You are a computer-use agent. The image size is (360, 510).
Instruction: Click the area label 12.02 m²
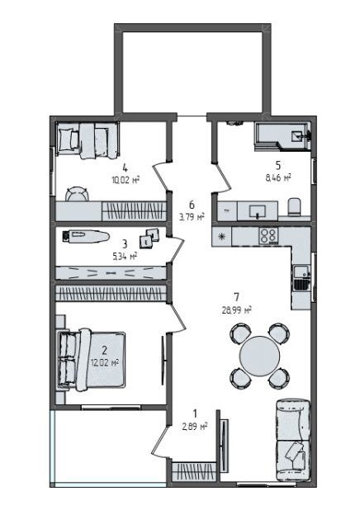coord(105,361)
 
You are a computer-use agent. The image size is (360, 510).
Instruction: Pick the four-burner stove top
coord(269,235)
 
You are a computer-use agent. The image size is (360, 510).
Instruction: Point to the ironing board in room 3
coord(83,237)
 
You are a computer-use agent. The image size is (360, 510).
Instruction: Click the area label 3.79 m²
coord(192,219)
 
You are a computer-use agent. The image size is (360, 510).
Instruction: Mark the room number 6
coord(192,205)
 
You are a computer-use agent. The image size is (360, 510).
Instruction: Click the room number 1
coord(195,413)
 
